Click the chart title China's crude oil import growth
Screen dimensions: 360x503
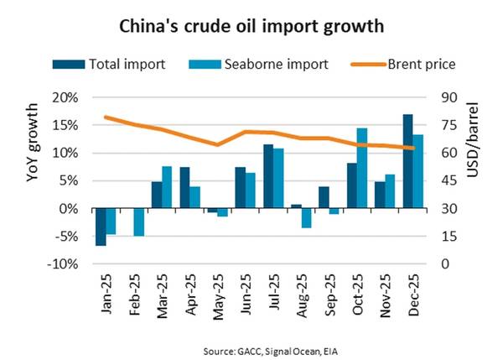[251, 26]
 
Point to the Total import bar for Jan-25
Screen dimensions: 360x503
[101, 227]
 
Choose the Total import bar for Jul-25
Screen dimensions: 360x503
[268, 176]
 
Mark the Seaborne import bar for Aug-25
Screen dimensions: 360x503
[306, 217]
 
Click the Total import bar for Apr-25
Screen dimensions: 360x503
[184, 187]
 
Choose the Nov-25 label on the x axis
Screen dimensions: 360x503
[383, 292]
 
